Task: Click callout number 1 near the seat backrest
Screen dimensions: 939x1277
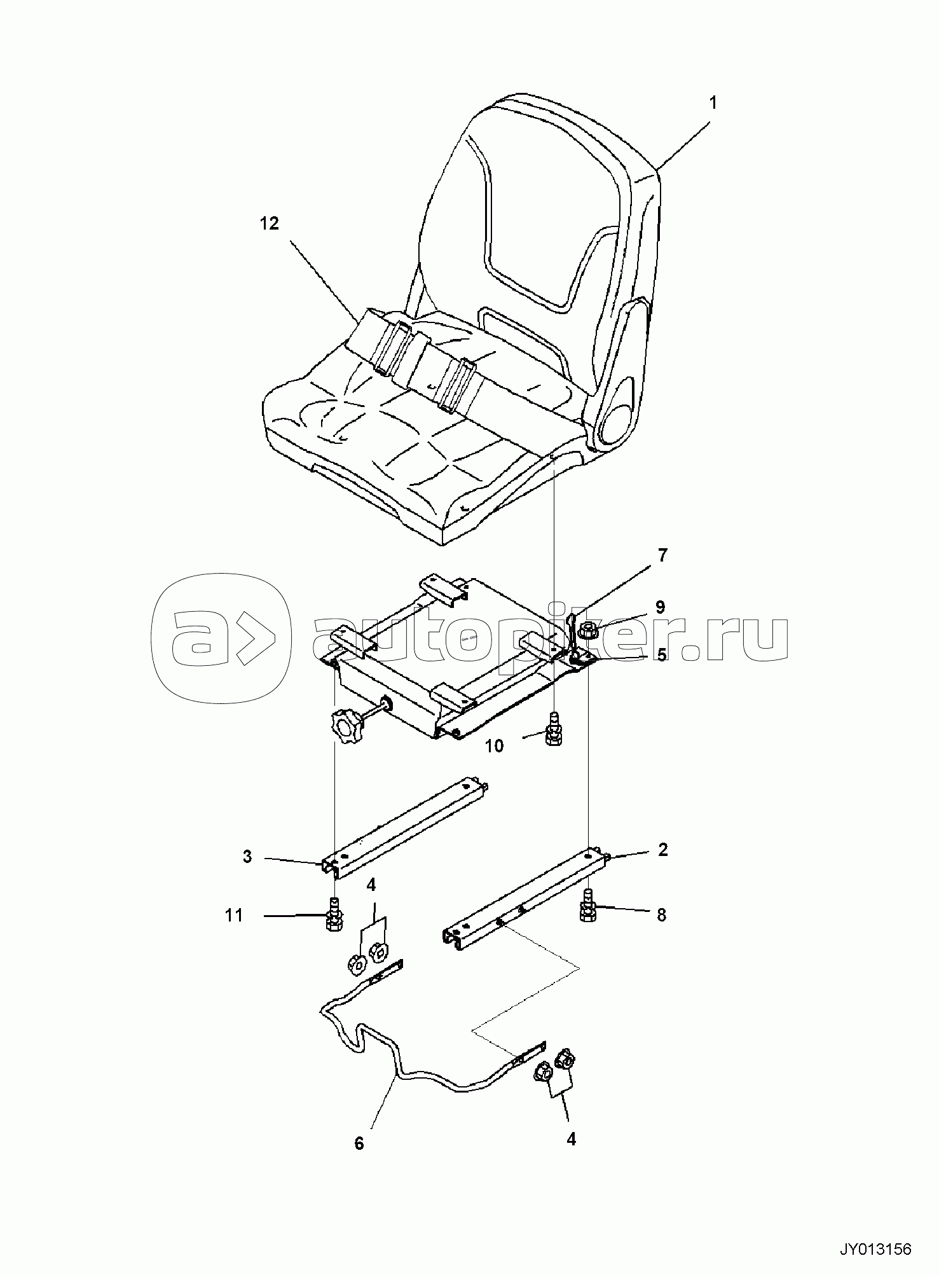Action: tap(713, 102)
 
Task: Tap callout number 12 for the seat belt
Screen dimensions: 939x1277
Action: tap(270, 224)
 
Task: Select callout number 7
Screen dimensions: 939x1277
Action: tap(662, 555)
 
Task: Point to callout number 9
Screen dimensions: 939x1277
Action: tap(660, 607)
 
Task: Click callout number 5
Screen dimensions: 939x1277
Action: tap(662, 654)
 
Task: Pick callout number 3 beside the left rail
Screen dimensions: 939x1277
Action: tap(247, 857)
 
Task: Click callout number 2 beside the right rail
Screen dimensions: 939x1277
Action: tap(663, 850)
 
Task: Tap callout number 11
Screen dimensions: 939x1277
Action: tap(234, 915)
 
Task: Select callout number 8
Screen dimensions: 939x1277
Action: tap(661, 915)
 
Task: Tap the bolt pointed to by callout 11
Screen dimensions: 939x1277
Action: tap(334, 915)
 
